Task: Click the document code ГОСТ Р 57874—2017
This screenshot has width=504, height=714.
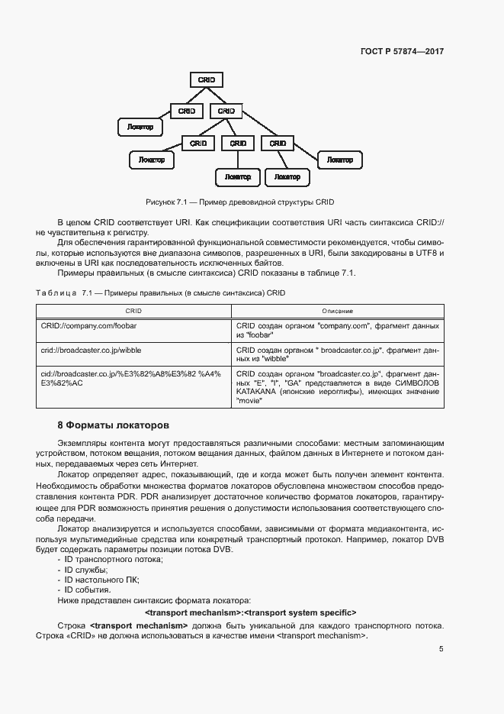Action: tap(401, 52)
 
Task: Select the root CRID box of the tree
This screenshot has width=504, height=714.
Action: tap(206, 79)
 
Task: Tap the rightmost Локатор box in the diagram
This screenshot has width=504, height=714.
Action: tap(339, 160)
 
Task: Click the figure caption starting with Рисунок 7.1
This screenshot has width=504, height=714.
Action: tap(240, 202)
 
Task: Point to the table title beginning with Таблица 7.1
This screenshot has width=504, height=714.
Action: tap(160, 292)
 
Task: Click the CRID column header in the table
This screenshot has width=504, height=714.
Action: tap(133, 311)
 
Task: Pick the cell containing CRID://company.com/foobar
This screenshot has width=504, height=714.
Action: tap(88, 325)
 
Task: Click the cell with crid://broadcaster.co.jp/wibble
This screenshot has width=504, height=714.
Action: tap(91, 350)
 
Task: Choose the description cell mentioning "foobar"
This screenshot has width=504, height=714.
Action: tap(337, 330)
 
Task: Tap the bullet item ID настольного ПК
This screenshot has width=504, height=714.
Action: tap(101, 580)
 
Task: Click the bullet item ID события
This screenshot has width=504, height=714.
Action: tap(88, 590)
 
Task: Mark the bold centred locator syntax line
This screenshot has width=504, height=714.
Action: tap(251, 612)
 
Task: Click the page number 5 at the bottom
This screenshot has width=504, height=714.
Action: tap(441, 649)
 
